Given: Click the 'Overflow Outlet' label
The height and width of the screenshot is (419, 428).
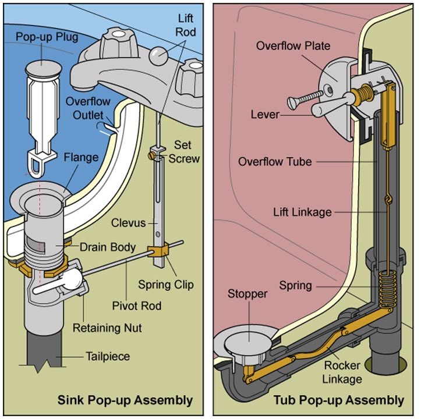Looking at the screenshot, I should pos(88,107).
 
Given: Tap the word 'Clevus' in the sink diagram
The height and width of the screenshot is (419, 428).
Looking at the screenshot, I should pos(129,222).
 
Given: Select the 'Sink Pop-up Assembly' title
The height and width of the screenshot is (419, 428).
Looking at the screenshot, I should pos(125,400).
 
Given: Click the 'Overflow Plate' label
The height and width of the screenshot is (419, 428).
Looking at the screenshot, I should pos(293,45).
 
